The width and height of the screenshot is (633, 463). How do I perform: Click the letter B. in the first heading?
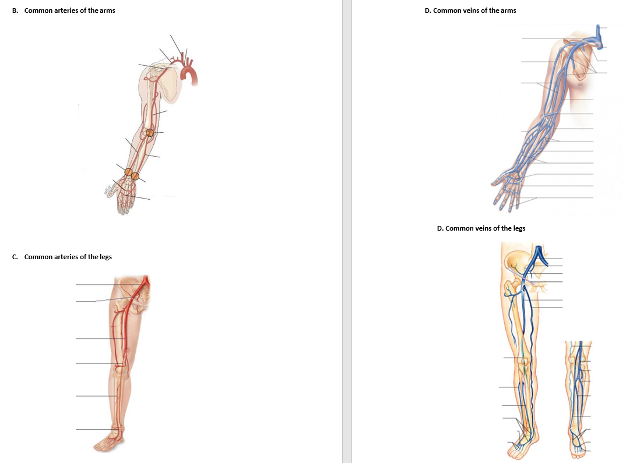(x=15, y=10)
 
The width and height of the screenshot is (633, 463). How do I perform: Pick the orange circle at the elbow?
(x=150, y=133)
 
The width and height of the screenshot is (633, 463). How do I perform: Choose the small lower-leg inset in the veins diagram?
(x=579, y=396)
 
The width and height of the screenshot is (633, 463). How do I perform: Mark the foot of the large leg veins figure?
(x=523, y=446)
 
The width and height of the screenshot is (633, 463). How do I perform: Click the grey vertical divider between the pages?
(x=347, y=233)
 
